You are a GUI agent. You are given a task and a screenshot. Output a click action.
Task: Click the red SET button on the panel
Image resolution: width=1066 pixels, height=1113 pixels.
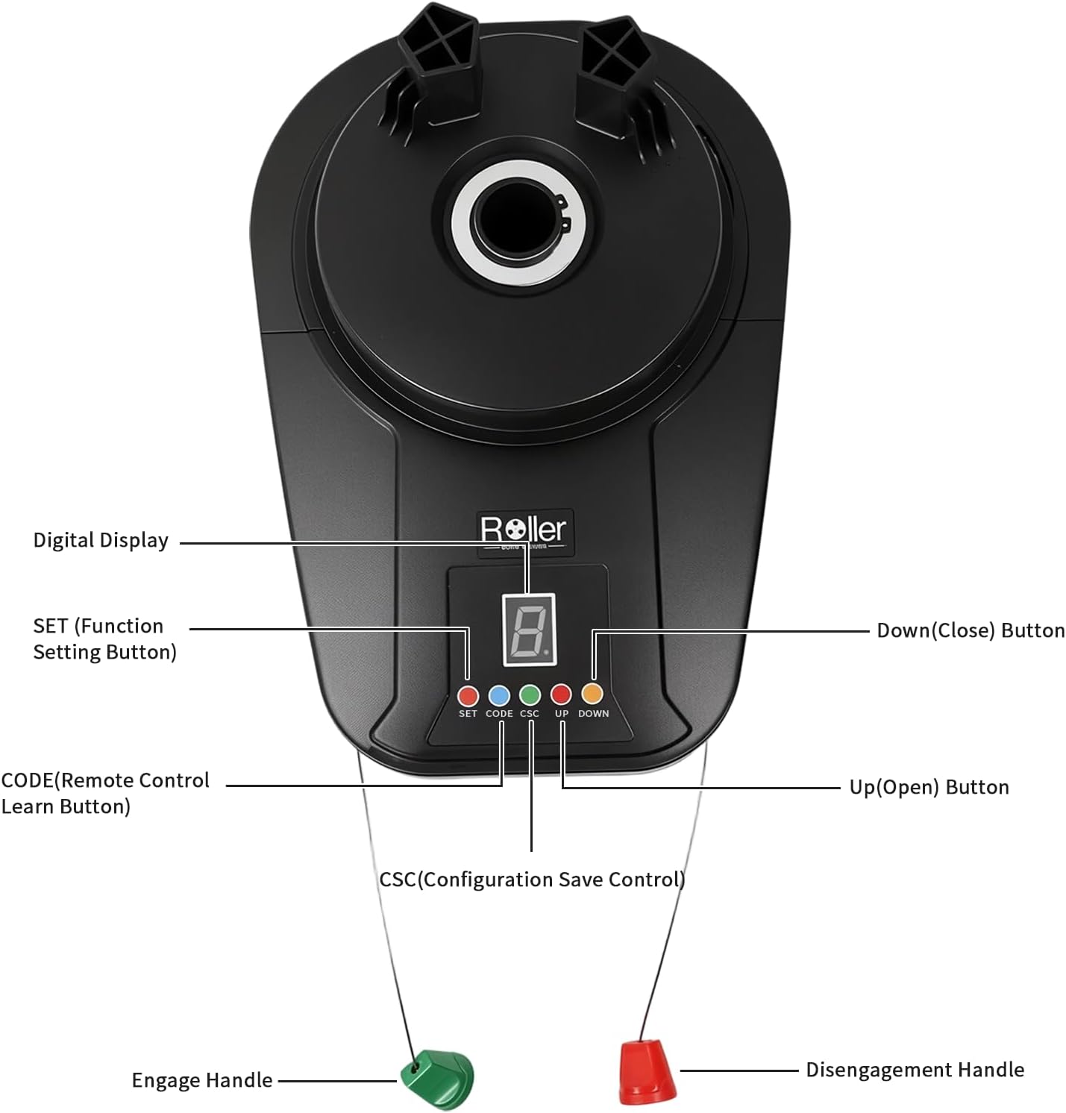[468, 696]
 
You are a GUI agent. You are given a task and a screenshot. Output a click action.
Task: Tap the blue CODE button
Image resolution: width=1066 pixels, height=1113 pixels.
[499, 696]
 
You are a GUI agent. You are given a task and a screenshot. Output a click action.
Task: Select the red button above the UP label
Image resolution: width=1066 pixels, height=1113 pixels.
[561, 695]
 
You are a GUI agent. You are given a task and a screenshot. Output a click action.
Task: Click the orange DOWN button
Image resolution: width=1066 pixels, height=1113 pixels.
[592, 694]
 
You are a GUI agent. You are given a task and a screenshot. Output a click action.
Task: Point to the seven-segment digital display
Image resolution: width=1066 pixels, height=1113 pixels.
[530, 630]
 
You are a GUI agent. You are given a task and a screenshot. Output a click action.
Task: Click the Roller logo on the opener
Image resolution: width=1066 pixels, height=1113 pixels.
[524, 530]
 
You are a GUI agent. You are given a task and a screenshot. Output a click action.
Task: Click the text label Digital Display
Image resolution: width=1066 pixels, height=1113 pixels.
[101, 540]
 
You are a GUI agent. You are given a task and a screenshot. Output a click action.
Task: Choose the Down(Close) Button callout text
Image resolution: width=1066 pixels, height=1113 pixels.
[971, 630]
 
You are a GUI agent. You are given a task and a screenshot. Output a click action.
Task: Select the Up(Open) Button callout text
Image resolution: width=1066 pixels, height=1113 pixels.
[929, 787]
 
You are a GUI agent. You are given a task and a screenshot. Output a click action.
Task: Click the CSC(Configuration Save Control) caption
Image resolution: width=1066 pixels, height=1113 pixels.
[532, 880]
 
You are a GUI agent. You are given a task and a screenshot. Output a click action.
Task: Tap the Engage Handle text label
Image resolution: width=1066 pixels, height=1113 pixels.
[202, 1080]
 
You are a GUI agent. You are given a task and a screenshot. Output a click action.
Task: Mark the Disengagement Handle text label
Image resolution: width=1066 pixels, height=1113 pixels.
[915, 1070]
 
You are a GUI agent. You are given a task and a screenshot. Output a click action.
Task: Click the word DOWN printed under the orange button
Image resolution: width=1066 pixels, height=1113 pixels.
[594, 714]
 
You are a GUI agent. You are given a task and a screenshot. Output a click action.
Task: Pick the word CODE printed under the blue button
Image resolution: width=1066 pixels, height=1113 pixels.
[499, 714]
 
